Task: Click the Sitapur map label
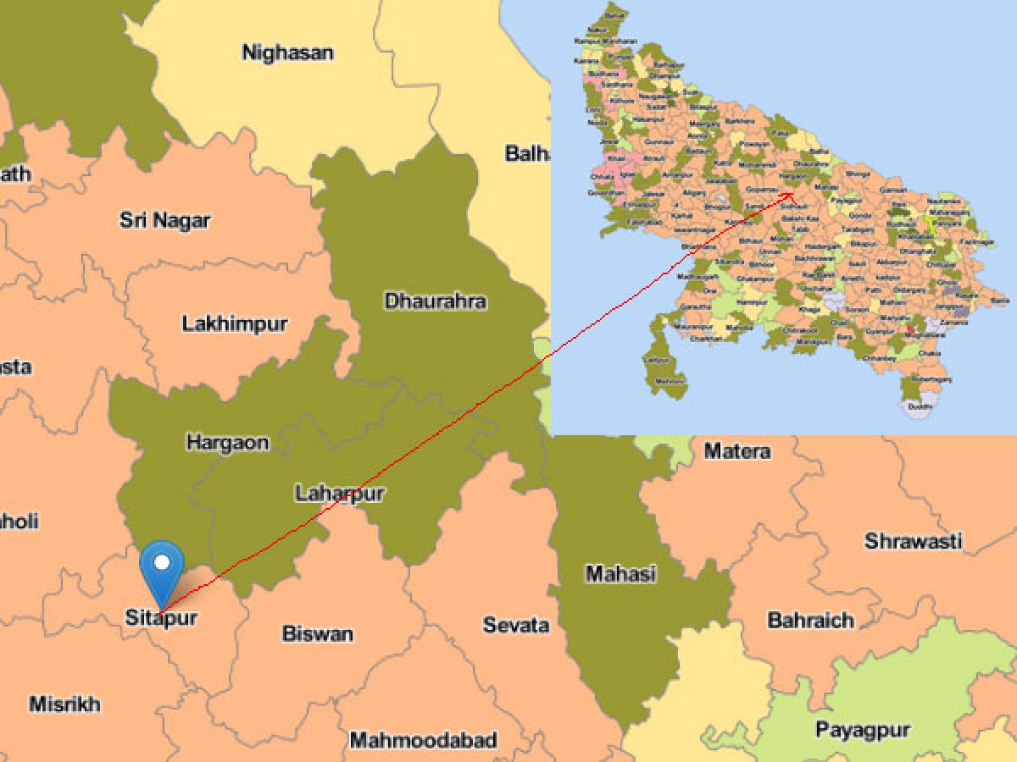point(161,617)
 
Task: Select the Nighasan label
point(287,52)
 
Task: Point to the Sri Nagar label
point(164,221)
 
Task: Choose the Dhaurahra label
point(435,301)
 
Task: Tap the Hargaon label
point(227,442)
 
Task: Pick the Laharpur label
point(339,493)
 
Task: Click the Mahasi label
point(620,573)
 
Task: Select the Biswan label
point(317,633)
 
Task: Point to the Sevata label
point(515,625)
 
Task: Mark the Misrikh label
point(64,704)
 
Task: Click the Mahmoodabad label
point(423,740)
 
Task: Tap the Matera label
point(737,451)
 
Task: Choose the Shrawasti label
point(913,540)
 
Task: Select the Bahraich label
point(810,620)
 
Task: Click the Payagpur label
point(863,729)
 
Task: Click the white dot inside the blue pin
point(162,560)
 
